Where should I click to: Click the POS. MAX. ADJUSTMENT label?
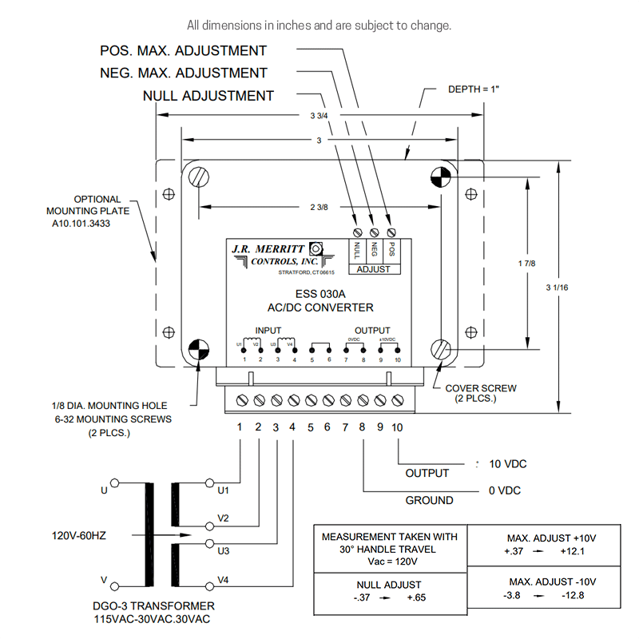183,50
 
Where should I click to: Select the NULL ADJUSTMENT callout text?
208,96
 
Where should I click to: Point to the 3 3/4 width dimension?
317,116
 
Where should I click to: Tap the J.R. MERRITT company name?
263,248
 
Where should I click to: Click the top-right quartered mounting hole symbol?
441,177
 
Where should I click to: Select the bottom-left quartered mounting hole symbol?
197,349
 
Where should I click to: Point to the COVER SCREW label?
480,388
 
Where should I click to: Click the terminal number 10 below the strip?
397,427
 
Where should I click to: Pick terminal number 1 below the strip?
240,427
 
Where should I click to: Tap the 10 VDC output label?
507,464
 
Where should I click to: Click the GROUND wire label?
429,500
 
